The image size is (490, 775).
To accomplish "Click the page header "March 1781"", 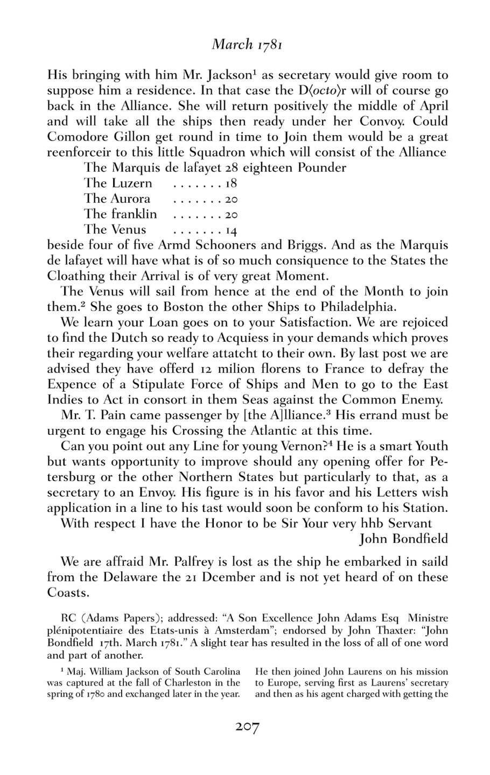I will [247, 44].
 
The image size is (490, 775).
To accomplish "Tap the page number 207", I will [247, 728].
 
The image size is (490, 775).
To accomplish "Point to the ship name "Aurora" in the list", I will [130, 199].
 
